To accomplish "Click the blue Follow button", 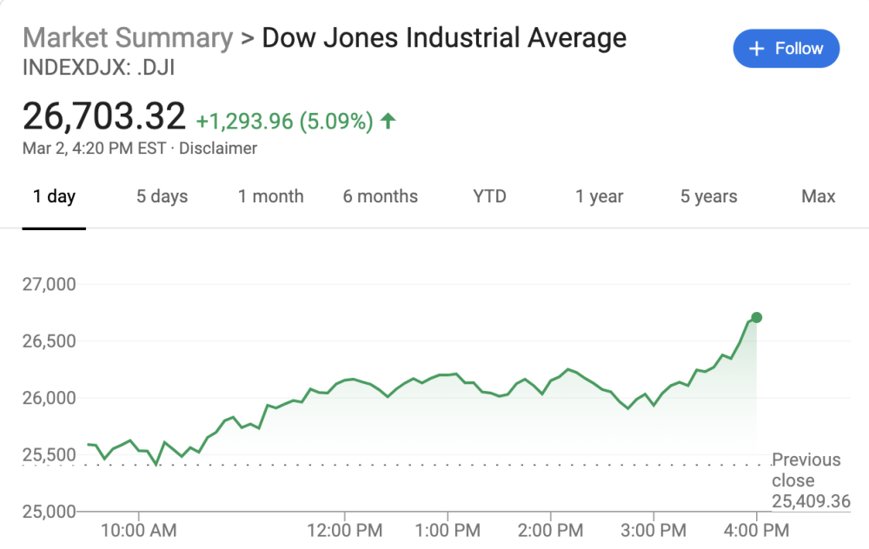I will pyautogui.click(x=786, y=49).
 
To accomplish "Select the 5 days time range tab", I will pyautogui.click(x=162, y=196).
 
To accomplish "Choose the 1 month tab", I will pyautogui.click(x=271, y=196).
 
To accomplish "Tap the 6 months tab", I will pyautogui.click(x=380, y=196).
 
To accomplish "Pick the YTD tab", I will pyautogui.click(x=489, y=196).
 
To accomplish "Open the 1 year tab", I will pyautogui.click(x=600, y=196).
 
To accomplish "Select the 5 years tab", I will pyautogui.click(x=708, y=196).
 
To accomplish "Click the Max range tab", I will pyautogui.click(x=818, y=196).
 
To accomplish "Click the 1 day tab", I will pyautogui.click(x=54, y=196).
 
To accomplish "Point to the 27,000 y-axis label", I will pyautogui.click(x=48, y=284).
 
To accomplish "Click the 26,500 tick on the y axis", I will pyautogui.click(x=48, y=341).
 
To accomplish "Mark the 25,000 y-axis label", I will pyautogui.click(x=48, y=511).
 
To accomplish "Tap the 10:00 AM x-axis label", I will pyautogui.click(x=139, y=529).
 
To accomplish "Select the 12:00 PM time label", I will pyautogui.click(x=345, y=529).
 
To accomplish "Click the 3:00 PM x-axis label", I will pyautogui.click(x=653, y=529).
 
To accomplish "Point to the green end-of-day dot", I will pyautogui.click(x=757, y=317).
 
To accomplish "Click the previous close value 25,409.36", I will pyautogui.click(x=810, y=501).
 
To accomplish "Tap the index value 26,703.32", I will pyautogui.click(x=104, y=116).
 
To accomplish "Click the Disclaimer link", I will pyautogui.click(x=218, y=149).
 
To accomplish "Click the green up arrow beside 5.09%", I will pyautogui.click(x=388, y=122).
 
